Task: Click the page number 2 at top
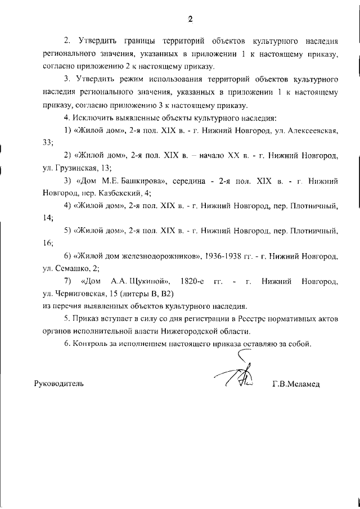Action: pos(190,20)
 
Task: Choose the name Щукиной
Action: pos(138,281)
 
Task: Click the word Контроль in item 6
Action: pos(91,344)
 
